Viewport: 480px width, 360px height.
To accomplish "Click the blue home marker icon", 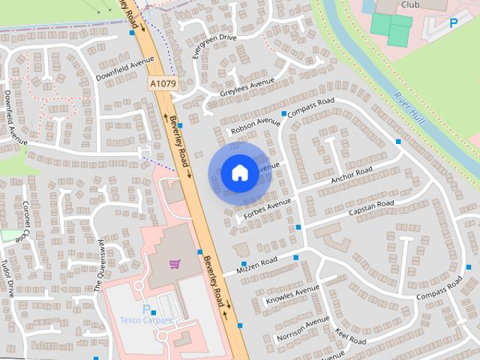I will tap(238, 173).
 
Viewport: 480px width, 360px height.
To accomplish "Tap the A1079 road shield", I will tap(162, 84).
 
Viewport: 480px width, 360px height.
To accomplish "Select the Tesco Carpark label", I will tap(147, 319).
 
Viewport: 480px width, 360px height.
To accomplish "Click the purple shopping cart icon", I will tap(175, 264).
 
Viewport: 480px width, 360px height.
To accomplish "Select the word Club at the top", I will tap(409, 4).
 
